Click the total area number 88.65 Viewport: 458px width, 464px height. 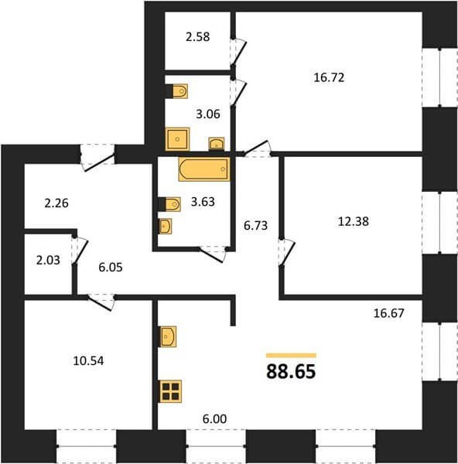click(291, 372)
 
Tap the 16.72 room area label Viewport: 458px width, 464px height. click(329, 77)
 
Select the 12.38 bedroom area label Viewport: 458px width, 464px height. click(354, 221)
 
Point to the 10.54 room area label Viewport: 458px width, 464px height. click(88, 360)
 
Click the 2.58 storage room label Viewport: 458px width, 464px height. click(198, 37)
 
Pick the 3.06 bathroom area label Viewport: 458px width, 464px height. click(208, 114)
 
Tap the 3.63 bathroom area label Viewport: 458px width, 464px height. click(203, 202)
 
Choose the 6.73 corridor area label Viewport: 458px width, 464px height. click(255, 226)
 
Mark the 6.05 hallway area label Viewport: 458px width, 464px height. click(111, 268)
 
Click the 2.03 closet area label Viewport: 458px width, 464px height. click(48, 261)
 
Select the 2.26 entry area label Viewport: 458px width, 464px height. click(56, 203)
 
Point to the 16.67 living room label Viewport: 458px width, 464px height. click(388, 313)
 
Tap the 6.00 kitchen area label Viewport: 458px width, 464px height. click(214, 418)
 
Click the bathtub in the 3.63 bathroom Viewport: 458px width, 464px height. click(204, 169)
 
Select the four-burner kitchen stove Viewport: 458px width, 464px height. click(170, 391)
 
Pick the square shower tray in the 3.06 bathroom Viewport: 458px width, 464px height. click(177, 139)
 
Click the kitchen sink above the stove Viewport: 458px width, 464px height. click(168, 336)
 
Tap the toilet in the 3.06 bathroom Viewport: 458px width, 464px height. click(176, 91)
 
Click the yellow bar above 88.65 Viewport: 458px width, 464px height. click(291, 356)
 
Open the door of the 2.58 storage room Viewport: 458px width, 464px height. click(238, 53)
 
